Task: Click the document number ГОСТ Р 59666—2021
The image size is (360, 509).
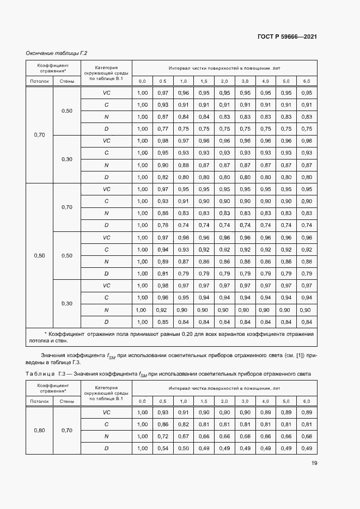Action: tap(286, 36)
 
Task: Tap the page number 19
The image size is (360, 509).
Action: tap(314, 463)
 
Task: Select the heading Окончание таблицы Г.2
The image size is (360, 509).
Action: tap(57, 53)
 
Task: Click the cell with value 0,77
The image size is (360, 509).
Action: tap(163, 129)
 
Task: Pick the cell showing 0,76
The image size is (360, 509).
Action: tap(163, 225)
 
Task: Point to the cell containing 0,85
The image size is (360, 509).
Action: tap(163, 322)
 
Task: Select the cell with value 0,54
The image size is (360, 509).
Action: tap(163, 448)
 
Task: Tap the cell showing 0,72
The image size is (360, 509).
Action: tap(163, 436)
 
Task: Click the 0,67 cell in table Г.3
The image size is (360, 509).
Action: tap(184, 436)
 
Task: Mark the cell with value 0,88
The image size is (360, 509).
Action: tap(184, 165)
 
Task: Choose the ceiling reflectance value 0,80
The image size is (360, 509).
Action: tap(39, 430)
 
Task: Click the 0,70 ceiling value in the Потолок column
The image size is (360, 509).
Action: tap(39, 134)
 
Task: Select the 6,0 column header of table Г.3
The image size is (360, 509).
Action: tap(306, 401)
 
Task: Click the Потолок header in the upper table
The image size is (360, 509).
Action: tap(39, 81)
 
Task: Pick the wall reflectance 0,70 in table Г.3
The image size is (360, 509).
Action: tap(66, 430)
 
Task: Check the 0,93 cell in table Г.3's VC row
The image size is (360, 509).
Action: tap(163, 412)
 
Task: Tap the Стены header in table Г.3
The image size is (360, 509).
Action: tap(66, 401)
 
